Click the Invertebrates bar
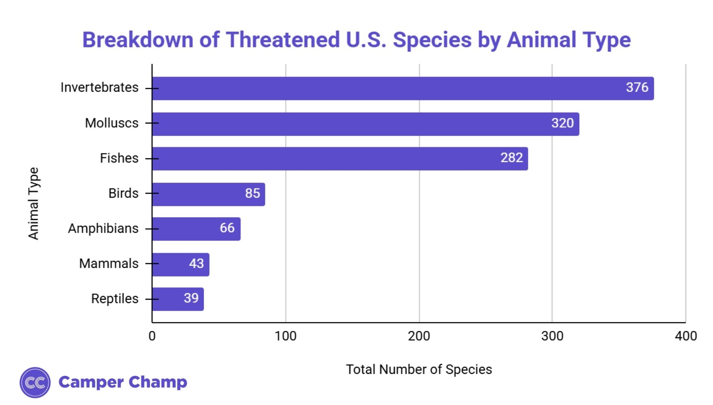(x=403, y=88)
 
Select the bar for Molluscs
(x=365, y=124)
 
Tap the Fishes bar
(x=340, y=159)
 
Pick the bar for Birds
(x=209, y=194)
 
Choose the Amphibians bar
(x=196, y=229)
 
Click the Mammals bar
(x=181, y=264)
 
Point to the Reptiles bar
(x=178, y=299)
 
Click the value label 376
(x=637, y=87)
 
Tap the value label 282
(x=511, y=158)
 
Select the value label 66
(x=227, y=228)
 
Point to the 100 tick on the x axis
(x=286, y=336)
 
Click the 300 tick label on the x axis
(x=552, y=336)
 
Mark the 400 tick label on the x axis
(x=685, y=336)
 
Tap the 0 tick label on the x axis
(x=152, y=336)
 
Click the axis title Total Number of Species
(x=419, y=369)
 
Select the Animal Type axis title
(x=34, y=203)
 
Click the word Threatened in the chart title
(x=282, y=40)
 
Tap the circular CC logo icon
(x=35, y=382)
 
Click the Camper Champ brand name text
(x=123, y=382)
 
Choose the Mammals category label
(x=109, y=264)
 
